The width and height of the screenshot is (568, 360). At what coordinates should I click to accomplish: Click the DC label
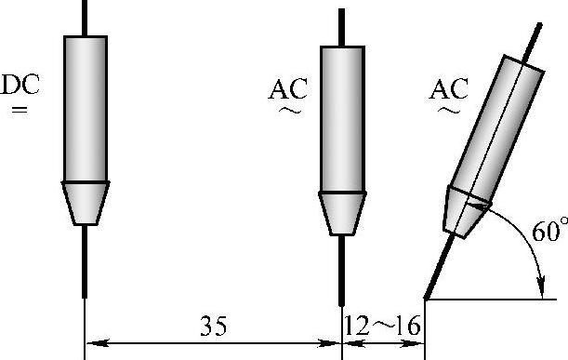click(x=20, y=85)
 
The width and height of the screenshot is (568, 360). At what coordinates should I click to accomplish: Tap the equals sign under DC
click(x=20, y=109)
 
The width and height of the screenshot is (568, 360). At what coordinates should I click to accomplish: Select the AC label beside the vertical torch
click(x=287, y=89)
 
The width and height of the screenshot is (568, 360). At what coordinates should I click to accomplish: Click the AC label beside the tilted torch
click(x=448, y=89)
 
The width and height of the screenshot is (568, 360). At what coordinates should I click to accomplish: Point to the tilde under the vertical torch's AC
click(x=289, y=111)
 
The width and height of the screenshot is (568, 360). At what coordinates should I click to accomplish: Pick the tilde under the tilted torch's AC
click(x=448, y=110)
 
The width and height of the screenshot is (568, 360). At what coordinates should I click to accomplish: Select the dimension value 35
click(x=214, y=326)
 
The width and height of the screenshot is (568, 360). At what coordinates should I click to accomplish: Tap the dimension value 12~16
click(x=382, y=326)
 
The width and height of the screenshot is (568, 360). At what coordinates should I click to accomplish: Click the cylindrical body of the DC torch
click(x=86, y=109)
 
